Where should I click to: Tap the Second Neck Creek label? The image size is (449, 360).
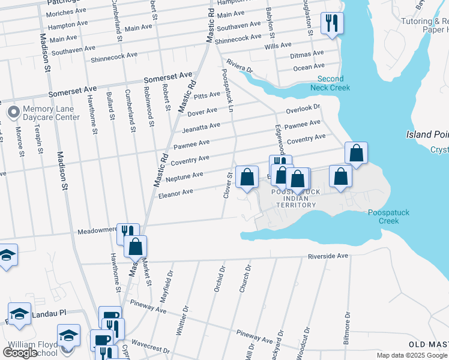(x=330, y=83)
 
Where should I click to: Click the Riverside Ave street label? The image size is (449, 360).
(x=328, y=256)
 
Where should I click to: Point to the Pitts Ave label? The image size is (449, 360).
(x=208, y=95)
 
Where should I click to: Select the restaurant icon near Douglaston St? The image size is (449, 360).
(x=331, y=23)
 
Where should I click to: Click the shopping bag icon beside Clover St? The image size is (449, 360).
(x=247, y=176)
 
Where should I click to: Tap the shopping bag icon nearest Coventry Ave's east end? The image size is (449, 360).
(x=356, y=153)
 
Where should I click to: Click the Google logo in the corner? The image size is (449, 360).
(x=20, y=353)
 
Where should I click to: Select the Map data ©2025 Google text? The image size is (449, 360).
(x=412, y=355)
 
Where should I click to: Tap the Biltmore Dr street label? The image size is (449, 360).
(x=347, y=327)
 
